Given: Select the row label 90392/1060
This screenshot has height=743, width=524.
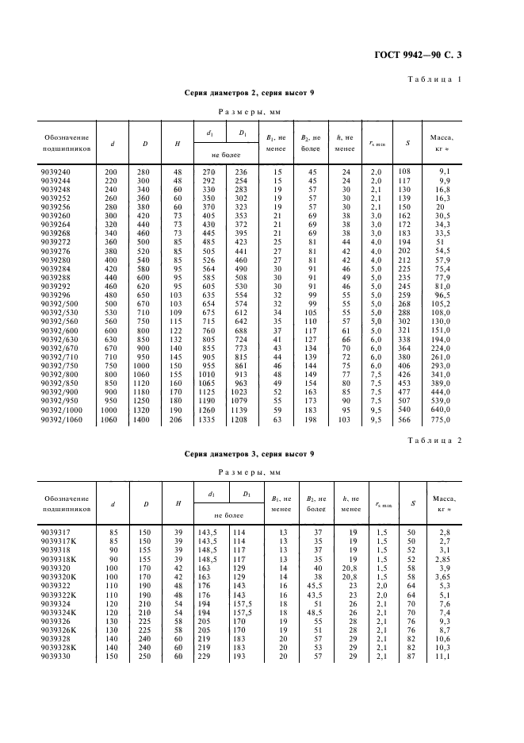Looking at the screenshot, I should pyautogui.click(x=63, y=419).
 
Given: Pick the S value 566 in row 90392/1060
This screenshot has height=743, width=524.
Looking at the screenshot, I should pyautogui.click(x=406, y=419).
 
